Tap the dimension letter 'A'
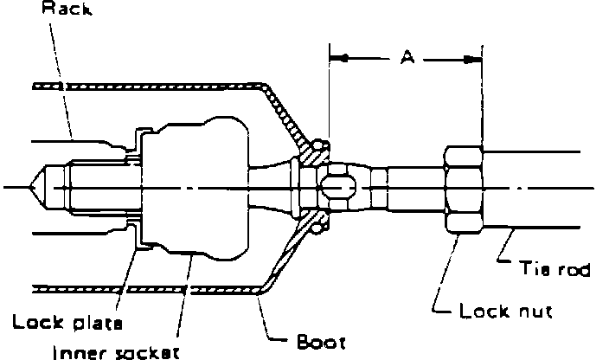406,58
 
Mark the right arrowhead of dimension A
475,59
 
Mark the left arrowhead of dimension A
337,59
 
